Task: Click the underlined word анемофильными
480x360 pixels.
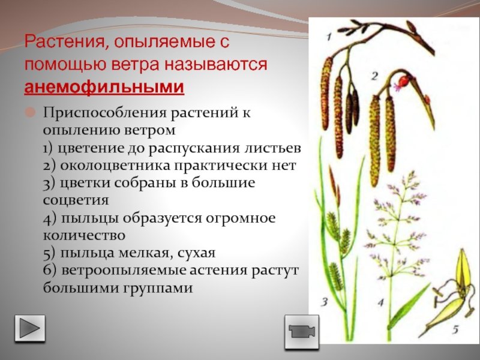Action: click(x=104, y=87)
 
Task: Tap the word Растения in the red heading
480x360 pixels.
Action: click(x=64, y=41)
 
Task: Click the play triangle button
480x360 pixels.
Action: click(x=30, y=328)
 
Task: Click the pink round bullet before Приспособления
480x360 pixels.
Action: click(x=30, y=112)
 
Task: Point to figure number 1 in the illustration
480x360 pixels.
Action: click(x=328, y=37)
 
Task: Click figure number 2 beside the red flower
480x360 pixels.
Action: click(x=374, y=76)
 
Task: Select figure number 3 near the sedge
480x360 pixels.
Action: click(x=325, y=302)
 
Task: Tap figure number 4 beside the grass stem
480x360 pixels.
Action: click(x=380, y=303)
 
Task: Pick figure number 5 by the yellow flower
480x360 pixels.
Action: click(x=455, y=329)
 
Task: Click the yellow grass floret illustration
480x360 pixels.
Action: click(x=452, y=293)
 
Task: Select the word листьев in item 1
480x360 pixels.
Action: click(x=273, y=148)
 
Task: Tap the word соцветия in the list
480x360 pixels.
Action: click(x=76, y=200)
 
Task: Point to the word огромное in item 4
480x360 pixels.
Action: click(x=241, y=218)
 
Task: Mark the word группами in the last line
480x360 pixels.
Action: click(x=158, y=289)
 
